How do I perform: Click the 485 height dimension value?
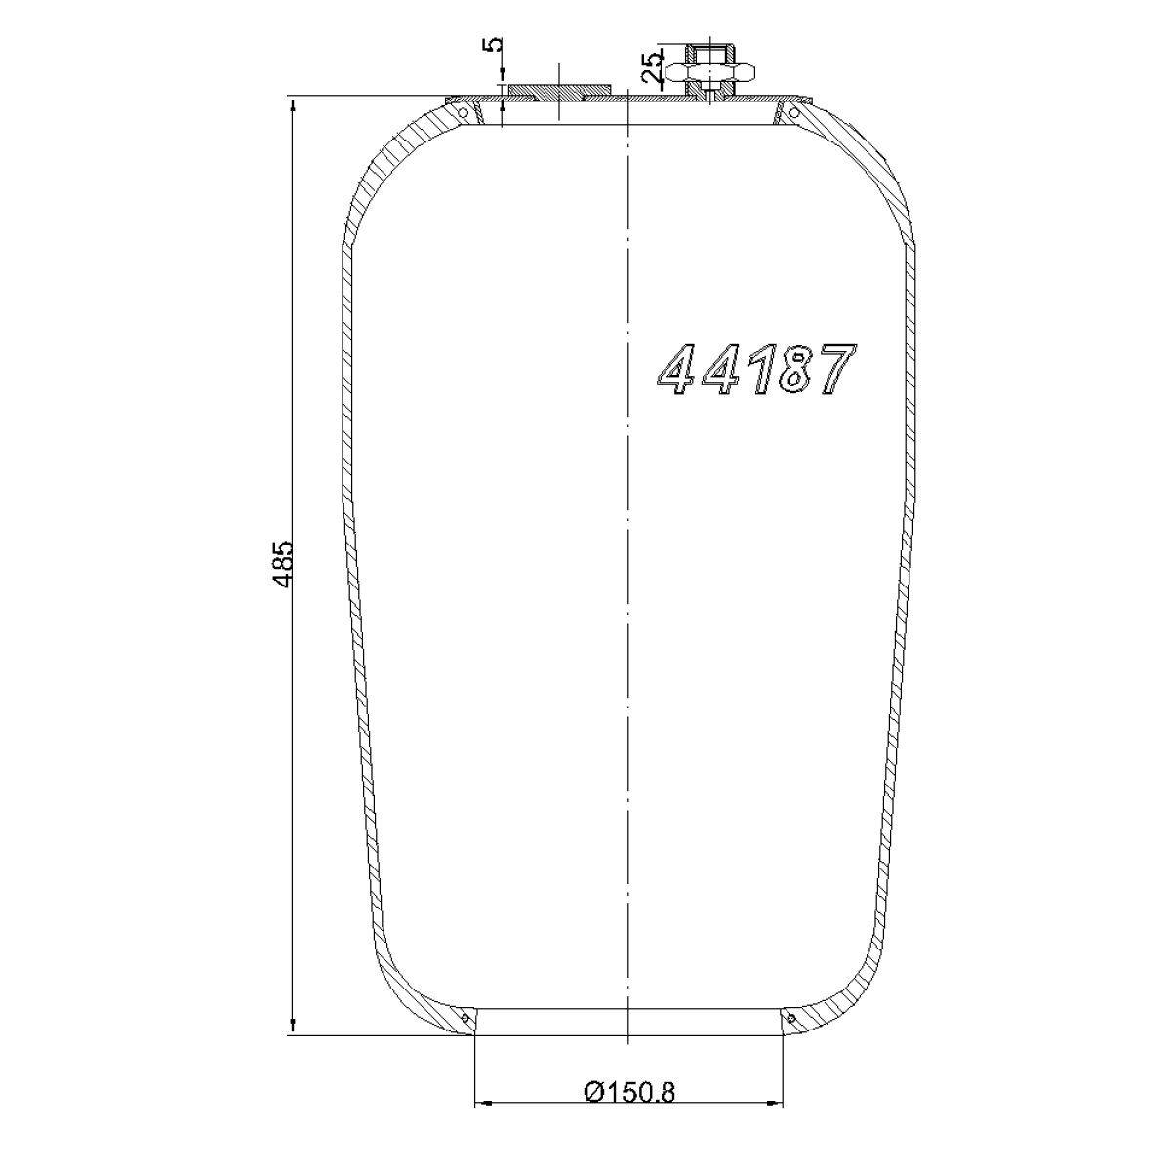coord(283,563)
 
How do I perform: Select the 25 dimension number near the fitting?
coord(652,67)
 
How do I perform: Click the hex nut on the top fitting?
coord(710,73)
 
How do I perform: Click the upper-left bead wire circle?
coord(463,113)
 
